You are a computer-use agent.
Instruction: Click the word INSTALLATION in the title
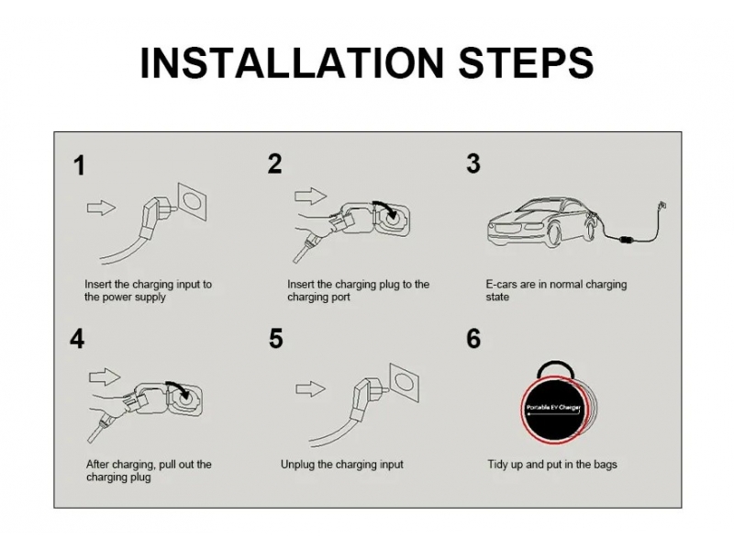click(x=292, y=62)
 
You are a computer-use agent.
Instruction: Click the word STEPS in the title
click(x=526, y=62)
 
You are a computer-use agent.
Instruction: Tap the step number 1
click(x=80, y=166)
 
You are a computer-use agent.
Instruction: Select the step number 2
click(x=274, y=163)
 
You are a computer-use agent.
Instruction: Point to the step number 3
click(x=473, y=163)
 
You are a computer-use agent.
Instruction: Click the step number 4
click(x=77, y=339)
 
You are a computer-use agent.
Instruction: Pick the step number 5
click(x=276, y=339)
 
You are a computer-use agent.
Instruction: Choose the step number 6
click(x=473, y=339)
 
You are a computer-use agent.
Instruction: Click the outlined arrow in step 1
click(x=101, y=208)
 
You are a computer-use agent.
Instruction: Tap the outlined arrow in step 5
click(x=310, y=388)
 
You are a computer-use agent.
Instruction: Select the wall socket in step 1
click(x=192, y=201)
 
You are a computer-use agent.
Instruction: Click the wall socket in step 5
click(x=405, y=382)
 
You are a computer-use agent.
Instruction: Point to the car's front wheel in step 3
click(x=557, y=234)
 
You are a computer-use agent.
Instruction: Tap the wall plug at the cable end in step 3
click(x=662, y=206)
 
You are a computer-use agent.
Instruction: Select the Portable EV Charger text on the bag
click(x=553, y=407)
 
